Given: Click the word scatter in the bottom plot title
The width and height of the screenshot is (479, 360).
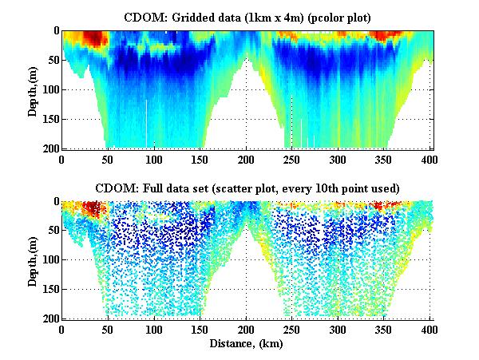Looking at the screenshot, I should click(257, 188).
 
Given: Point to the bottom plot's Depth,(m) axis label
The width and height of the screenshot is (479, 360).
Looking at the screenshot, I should click(33, 259).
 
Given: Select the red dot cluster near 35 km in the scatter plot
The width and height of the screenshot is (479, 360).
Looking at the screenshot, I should click(93, 209).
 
